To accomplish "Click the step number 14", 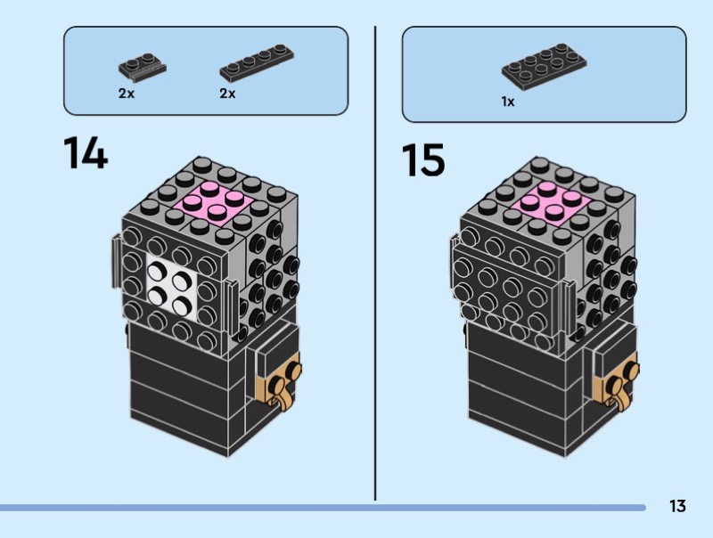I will click(86, 153).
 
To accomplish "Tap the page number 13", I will click(677, 507).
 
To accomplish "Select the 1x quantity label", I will click(507, 102).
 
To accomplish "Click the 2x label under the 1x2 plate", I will click(126, 94).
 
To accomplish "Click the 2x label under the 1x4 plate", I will click(227, 94).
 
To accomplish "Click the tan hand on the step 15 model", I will click(625, 380).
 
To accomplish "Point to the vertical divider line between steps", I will click(375, 267).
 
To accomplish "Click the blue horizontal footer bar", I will click(321, 508).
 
